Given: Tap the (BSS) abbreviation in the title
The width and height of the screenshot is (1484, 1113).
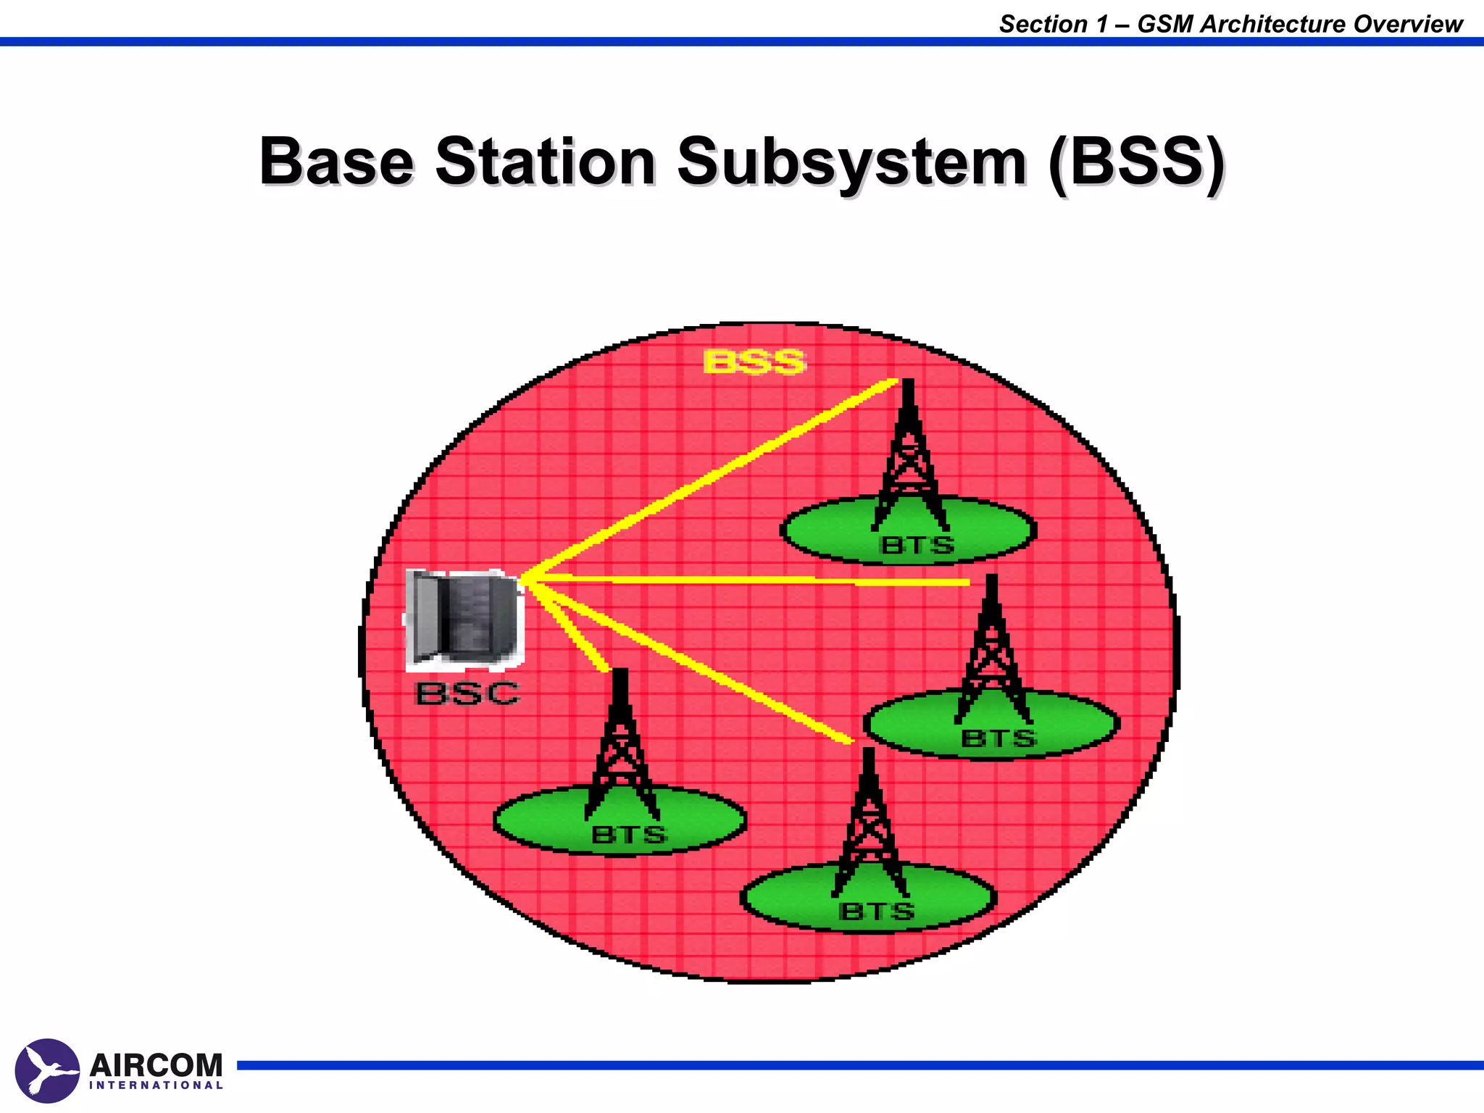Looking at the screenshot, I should tap(1135, 162).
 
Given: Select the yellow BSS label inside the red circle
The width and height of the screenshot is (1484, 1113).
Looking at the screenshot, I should tap(754, 362).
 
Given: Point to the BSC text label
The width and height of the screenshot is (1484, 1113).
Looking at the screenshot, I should tap(467, 693).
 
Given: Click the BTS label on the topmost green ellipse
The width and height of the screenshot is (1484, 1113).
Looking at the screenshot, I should tap(917, 545).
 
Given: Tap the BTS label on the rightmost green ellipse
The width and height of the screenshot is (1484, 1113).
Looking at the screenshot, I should tap(999, 738).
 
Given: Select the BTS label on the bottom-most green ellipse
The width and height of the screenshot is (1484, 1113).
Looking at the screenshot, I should tap(876, 911).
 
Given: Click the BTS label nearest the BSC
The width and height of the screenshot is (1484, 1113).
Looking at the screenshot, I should tap(628, 835).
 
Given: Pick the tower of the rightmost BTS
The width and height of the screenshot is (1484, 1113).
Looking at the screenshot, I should tap(992, 652).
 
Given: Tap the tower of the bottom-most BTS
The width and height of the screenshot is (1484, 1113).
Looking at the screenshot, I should tap(870, 826).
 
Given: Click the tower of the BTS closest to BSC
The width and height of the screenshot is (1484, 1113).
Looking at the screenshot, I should tap(621, 746).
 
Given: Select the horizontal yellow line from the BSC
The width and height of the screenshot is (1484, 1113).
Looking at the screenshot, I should tap(746, 580).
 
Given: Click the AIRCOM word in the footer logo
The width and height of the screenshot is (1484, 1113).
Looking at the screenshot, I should tap(156, 1066).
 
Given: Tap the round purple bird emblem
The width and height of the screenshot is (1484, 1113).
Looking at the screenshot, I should tap(47, 1070).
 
